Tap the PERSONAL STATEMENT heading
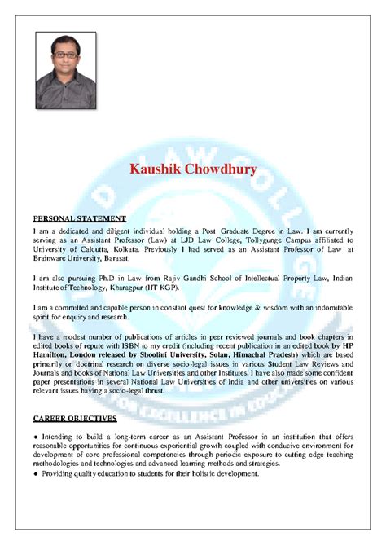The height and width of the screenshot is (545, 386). click(79, 219)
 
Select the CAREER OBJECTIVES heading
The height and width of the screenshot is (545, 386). click(75, 418)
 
